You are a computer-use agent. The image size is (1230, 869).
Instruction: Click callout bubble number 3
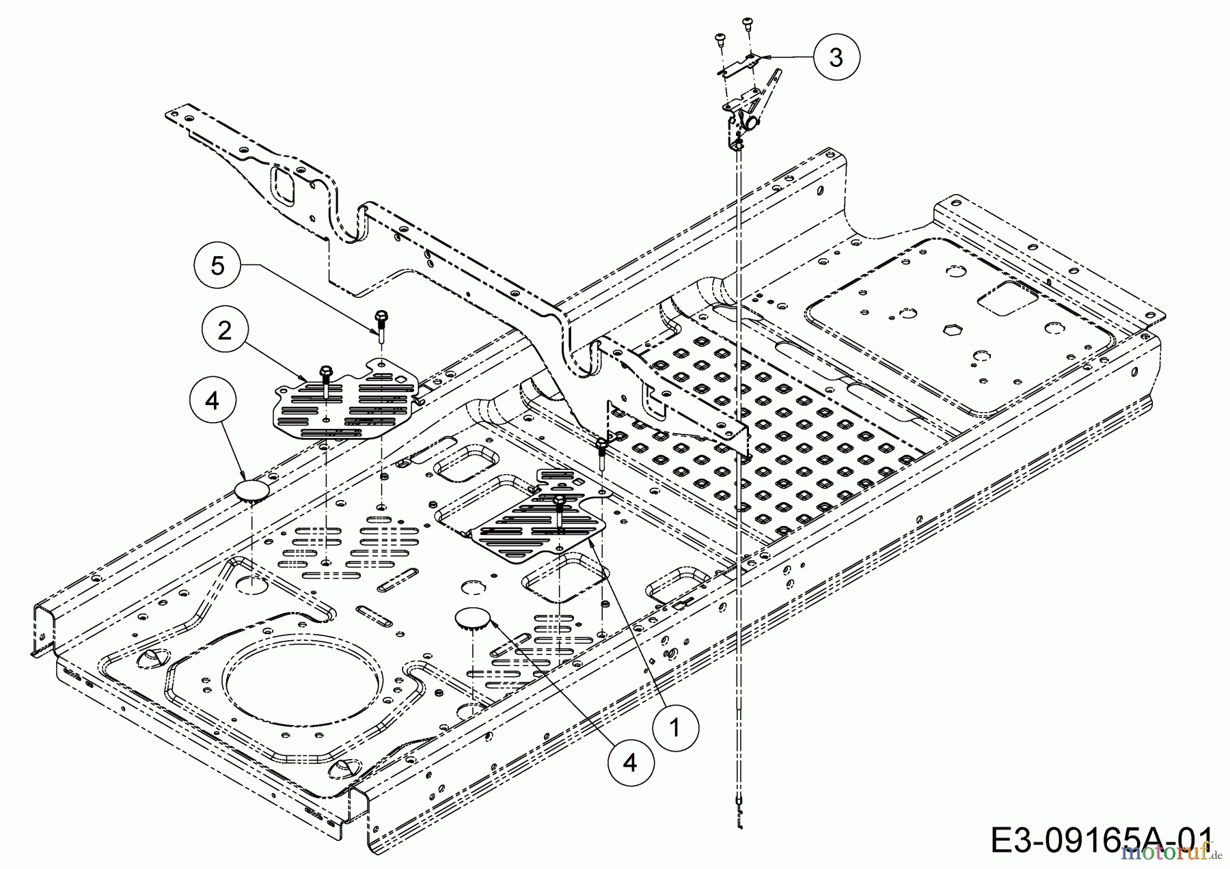pos(836,58)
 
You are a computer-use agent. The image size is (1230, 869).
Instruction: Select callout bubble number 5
pos(217,265)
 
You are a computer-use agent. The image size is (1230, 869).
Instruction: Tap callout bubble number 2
pos(224,331)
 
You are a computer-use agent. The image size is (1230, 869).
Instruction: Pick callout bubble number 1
pos(674,728)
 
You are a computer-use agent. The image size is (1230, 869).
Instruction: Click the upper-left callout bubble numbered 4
pos(213,401)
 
